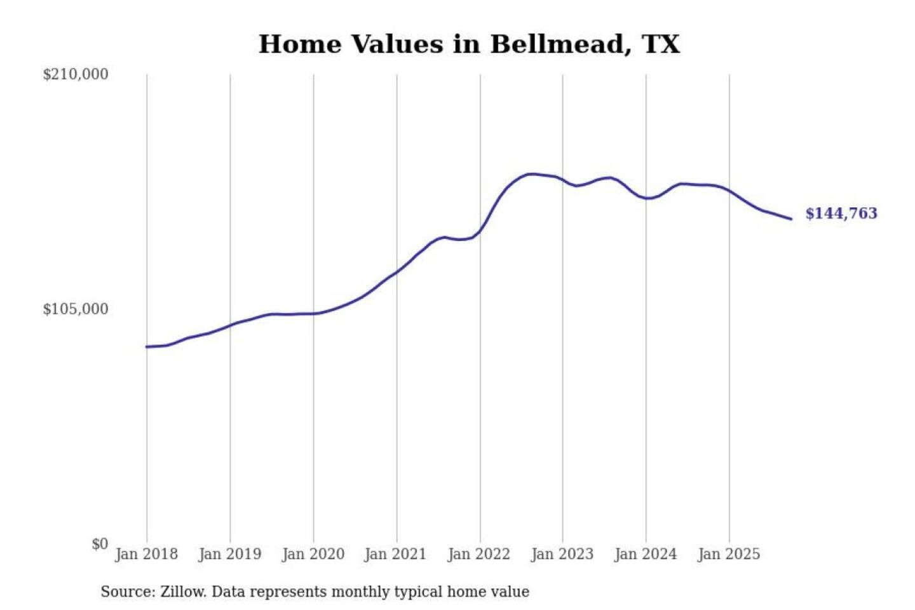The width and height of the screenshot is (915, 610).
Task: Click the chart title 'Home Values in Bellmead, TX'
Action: point(469,44)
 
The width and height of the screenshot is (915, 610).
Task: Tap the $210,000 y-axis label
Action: point(76,74)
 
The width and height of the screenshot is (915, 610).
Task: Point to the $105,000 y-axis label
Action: point(76,309)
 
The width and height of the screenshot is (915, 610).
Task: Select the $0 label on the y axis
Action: point(100,544)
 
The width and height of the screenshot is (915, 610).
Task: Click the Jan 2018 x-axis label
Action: point(146,554)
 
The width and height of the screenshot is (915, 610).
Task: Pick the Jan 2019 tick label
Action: point(229,554)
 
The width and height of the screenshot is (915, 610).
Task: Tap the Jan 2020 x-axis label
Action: point(313,554)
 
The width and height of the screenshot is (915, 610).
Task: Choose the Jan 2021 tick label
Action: point(395,554)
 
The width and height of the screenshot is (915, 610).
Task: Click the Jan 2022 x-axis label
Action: point(478,554)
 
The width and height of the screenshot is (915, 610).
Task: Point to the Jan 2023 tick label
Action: point(562,554)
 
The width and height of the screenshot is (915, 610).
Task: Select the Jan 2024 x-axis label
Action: point(645,554)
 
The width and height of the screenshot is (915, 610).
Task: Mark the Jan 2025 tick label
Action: point(728,554)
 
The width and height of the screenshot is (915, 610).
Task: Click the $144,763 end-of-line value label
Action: point(841,213)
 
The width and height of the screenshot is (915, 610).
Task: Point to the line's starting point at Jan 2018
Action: point(147,347)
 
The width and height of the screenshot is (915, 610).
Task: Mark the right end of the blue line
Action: point(791,219)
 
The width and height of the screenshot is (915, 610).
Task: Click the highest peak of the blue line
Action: point(531,173)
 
